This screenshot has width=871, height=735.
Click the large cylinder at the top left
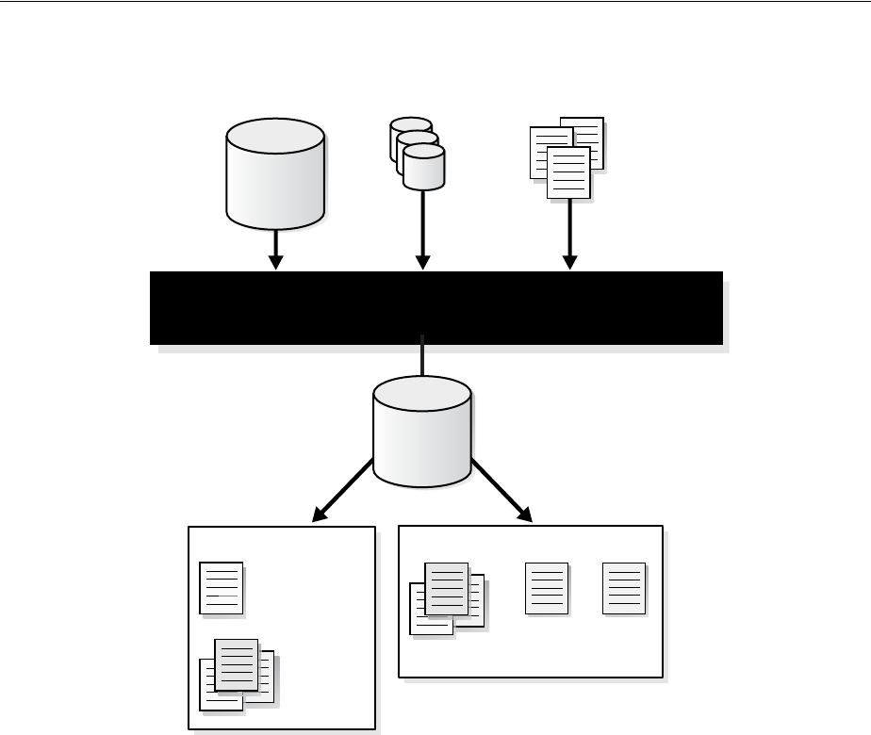tap(275, 179)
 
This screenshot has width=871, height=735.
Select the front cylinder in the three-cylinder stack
tap(424, 170)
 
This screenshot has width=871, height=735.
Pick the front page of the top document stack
tap(568, 173)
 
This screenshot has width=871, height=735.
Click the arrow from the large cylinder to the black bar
tap(275, 250)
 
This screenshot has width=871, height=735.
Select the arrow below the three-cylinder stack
tap(423, 231)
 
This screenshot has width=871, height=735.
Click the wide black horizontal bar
tap(435, 308)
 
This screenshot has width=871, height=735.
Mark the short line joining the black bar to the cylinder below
tap(423, 360)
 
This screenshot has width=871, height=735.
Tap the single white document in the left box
tap(222, 588)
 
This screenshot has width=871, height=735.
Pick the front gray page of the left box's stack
tap(237, 664)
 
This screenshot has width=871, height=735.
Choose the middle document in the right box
tap(547, 588)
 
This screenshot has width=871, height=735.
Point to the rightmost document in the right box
tap(624, 588)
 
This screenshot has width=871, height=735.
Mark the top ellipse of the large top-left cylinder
tap(275, 136)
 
